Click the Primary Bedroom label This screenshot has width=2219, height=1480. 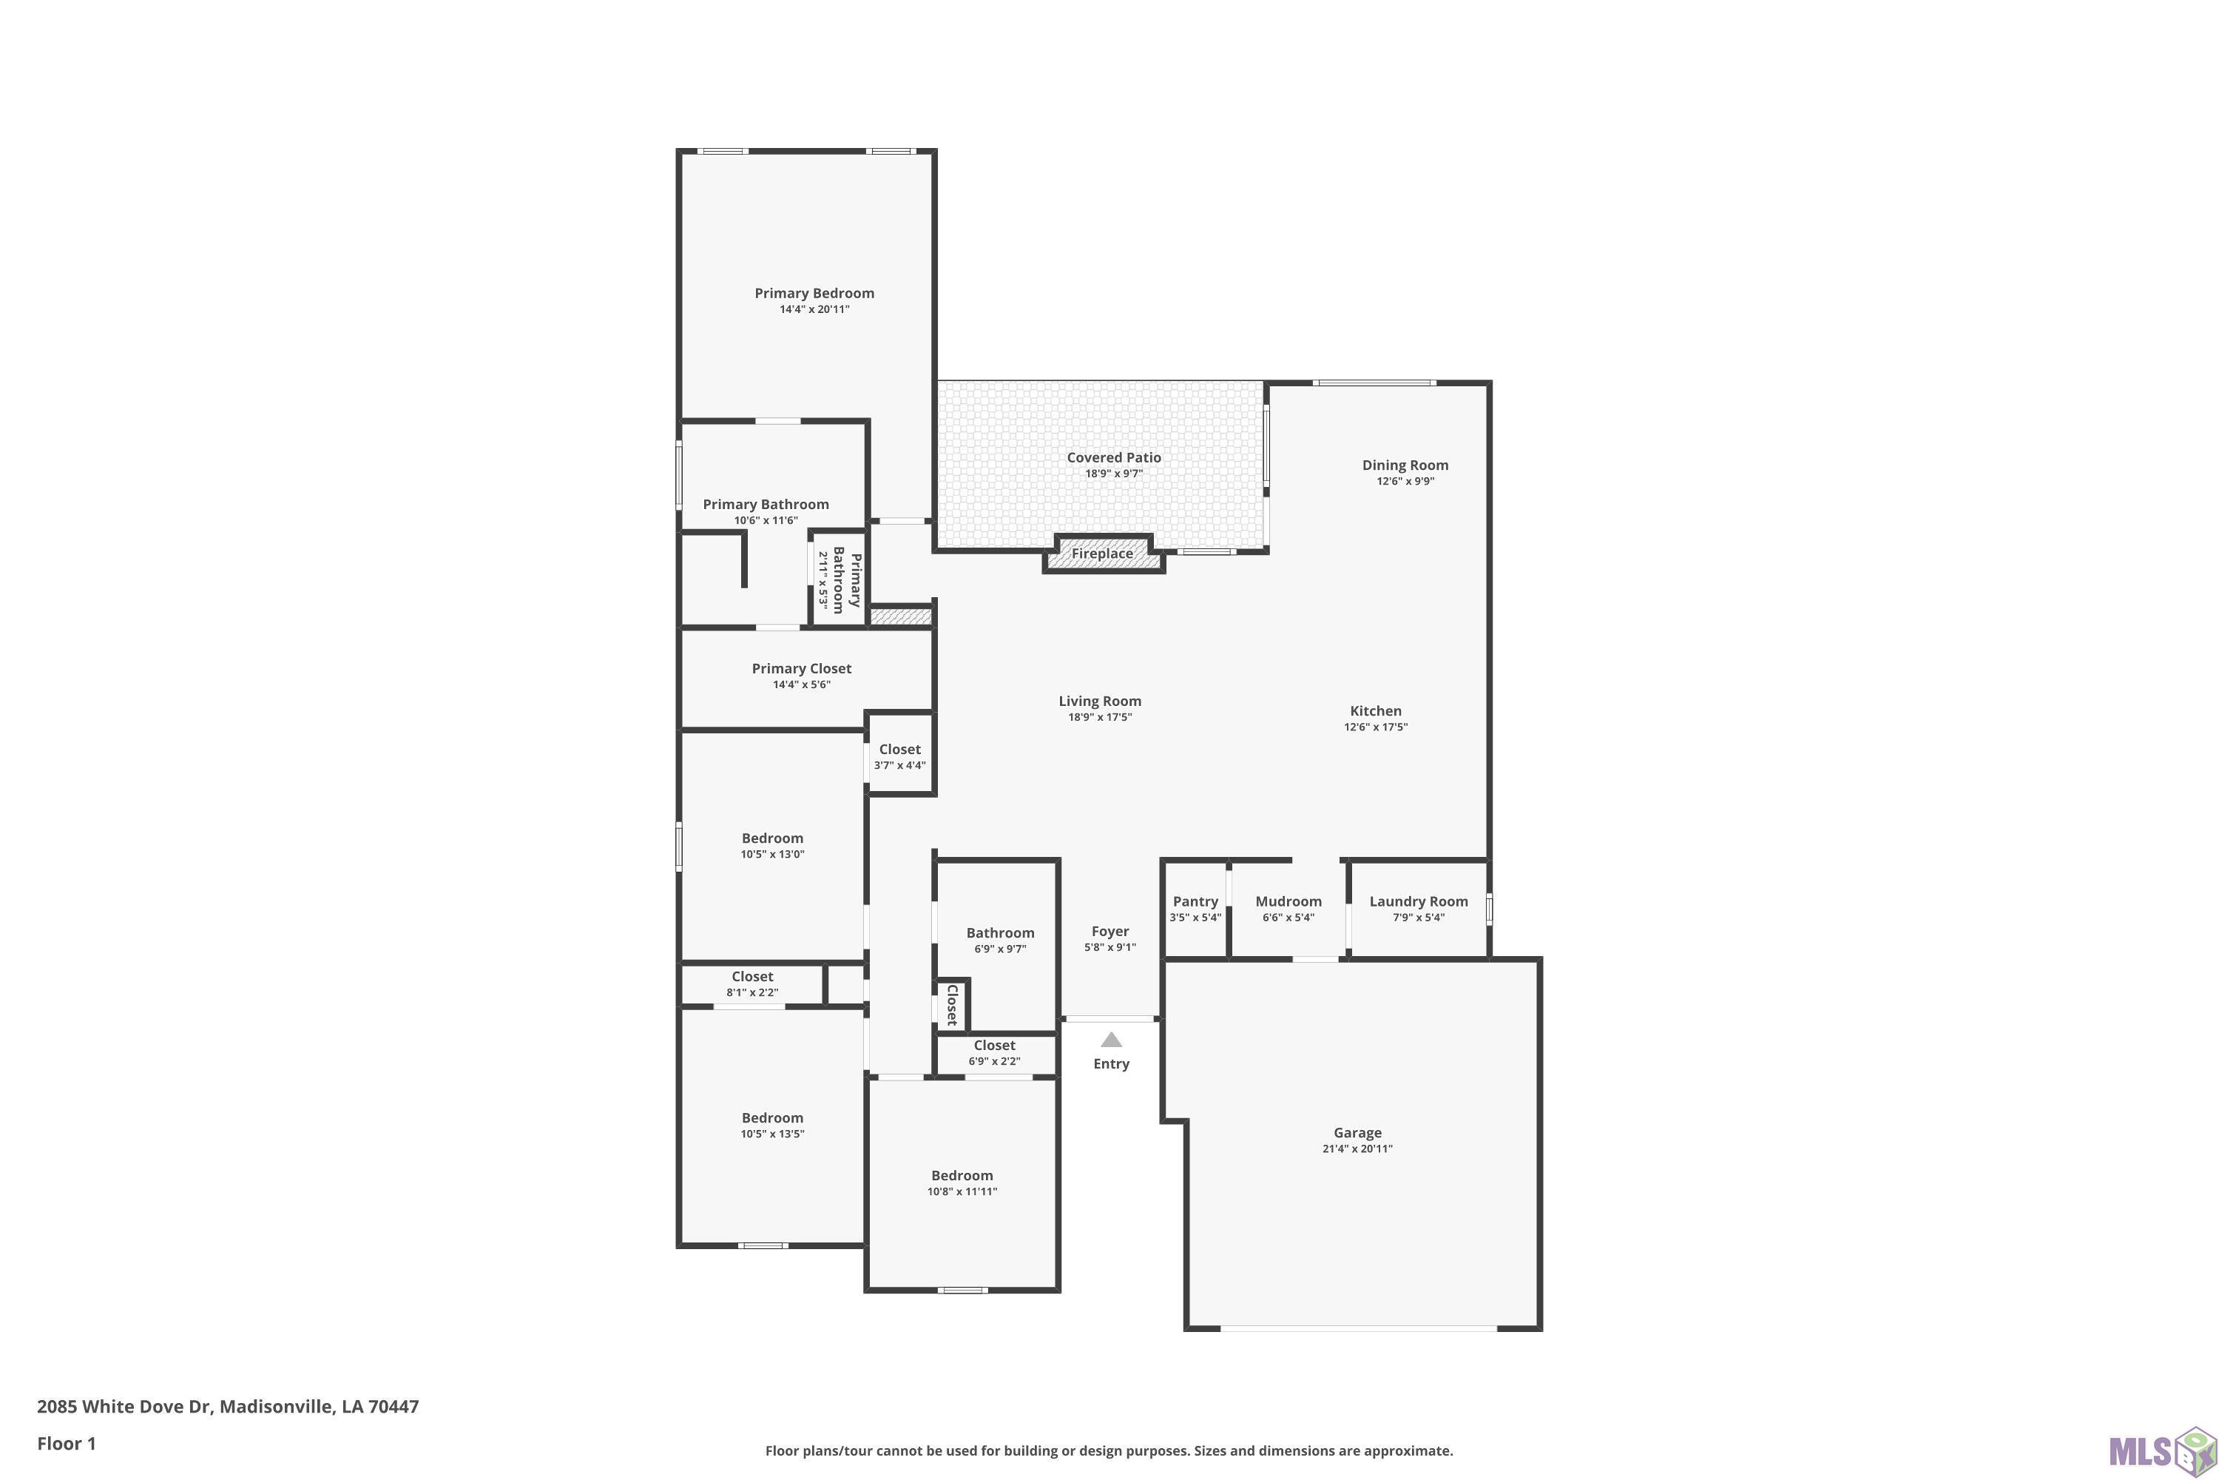(814, 294)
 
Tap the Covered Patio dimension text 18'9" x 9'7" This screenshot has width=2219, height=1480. (1114, 474)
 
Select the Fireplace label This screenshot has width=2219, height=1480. (1102, 554)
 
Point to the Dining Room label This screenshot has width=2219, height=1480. (1405, 465)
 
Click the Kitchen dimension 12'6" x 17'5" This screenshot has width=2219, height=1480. (1376, 727)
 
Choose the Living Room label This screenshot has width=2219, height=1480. (1100, 702)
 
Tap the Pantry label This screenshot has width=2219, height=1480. (1195, 901)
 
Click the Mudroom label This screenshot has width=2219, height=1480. (1288, 901)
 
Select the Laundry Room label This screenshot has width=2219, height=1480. (1419, 901)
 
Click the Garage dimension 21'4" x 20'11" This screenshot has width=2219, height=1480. (1357, 1148)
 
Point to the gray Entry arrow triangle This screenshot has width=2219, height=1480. (1112, 1040)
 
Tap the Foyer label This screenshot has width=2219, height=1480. (1110, 932)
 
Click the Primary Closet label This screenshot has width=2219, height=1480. (802, 669)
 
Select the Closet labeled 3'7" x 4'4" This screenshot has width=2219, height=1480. (900, 750)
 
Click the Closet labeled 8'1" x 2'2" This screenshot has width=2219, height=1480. (752, 977)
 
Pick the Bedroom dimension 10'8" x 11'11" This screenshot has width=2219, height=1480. (962, 1191)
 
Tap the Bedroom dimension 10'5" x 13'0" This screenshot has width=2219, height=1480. (773, 854)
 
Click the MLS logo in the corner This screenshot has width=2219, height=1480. (2161, 1449)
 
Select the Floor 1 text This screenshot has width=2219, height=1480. (67, 1443)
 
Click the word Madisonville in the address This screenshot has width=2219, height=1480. (277, 1407)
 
